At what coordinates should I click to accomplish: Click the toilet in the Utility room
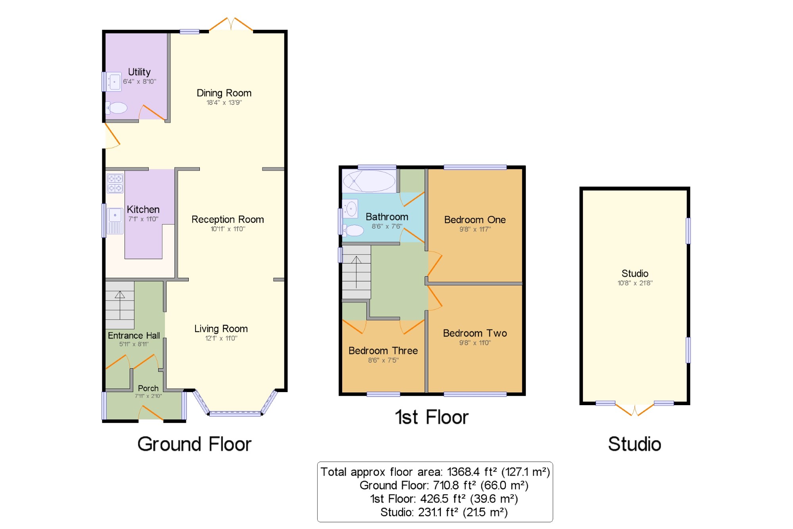[117, 108]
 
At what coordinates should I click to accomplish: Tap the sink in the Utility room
[114, 82]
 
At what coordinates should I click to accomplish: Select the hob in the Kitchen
[115, 183]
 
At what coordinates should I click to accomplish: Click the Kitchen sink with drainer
[115, 221]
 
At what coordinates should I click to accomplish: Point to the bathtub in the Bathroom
[369, 181]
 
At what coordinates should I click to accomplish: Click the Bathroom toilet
[353, 231]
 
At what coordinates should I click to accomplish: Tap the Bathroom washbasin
[351, 209]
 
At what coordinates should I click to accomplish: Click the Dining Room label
[224, 93]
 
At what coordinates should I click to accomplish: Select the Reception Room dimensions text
[228, 229]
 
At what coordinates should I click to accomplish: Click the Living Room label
[221, 329]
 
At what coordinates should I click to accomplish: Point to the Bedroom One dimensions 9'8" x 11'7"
[475, 229]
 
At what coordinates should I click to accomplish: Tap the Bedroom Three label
[383, 351]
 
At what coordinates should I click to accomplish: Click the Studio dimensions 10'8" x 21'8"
[635, 283]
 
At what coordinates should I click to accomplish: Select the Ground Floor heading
[194, 444]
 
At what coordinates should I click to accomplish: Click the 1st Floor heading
[432, 417]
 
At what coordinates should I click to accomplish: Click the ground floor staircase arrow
[120, 305]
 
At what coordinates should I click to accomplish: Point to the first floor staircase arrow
[356, 272]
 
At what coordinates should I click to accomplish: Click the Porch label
[148, 388]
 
